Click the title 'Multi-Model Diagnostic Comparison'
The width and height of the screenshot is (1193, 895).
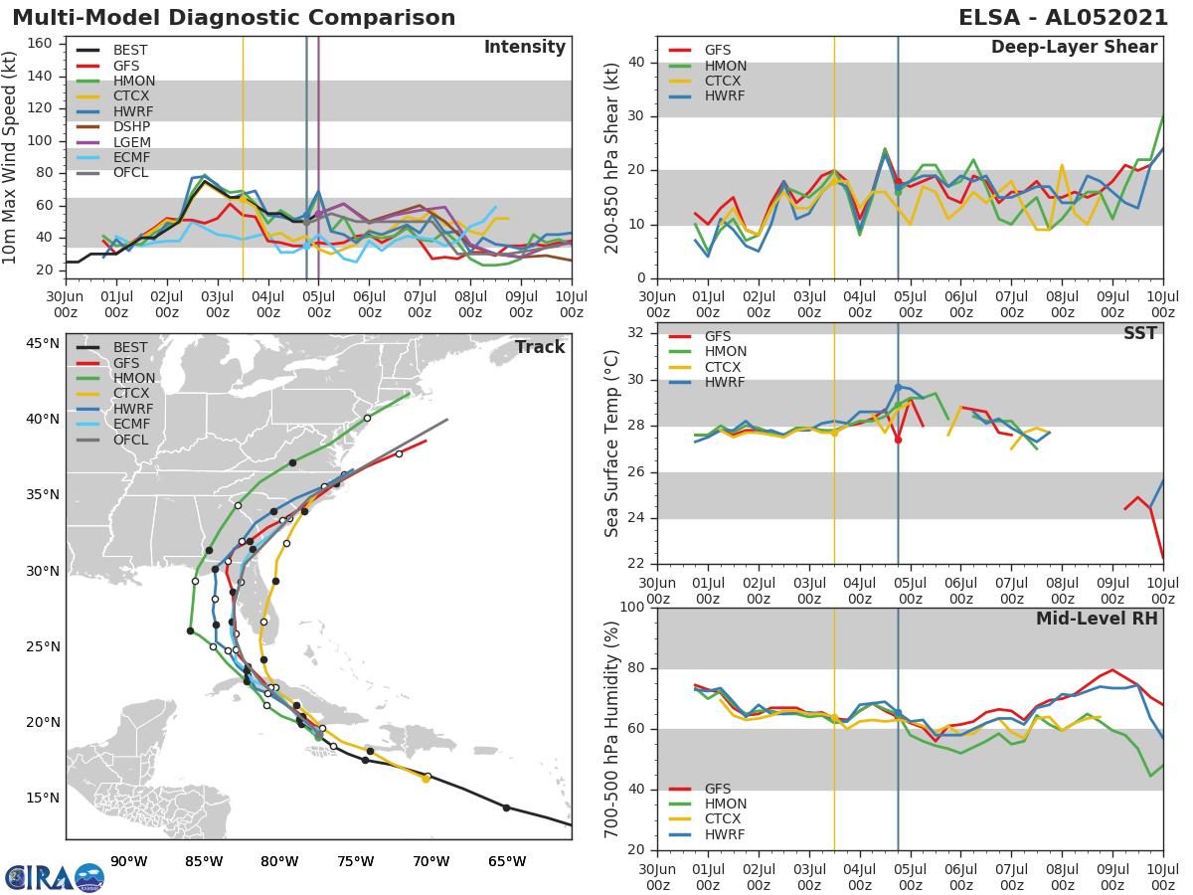point(234,18)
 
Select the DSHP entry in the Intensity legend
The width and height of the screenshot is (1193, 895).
point(131,127)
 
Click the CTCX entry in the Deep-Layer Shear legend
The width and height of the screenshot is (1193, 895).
point(725,81)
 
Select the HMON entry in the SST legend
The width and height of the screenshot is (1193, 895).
point(726,352)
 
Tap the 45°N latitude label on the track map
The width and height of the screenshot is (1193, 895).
point(43,344)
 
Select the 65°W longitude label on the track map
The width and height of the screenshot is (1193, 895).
point(507,861)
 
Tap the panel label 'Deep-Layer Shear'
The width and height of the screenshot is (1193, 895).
point(1074,48)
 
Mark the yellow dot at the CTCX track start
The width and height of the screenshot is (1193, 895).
point(426,779)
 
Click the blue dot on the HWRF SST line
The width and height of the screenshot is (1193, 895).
point(898,388)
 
